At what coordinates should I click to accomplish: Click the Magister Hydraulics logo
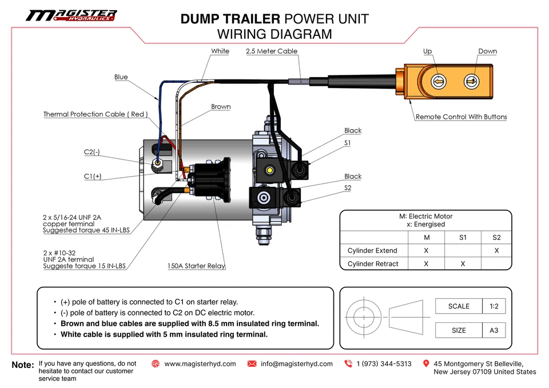pos(71,15)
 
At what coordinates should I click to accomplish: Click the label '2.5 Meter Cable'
pos(271,51)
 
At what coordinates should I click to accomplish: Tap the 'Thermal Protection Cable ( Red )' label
pos(96,114)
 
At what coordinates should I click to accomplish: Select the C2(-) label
pos(93,153)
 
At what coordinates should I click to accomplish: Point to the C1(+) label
pos(93,177)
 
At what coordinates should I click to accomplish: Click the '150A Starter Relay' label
pos(196,266)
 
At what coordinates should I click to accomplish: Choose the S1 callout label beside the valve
pos(348,143)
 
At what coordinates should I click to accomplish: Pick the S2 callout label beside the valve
pos(348,188)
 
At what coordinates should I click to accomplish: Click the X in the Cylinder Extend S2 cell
pos(496,250)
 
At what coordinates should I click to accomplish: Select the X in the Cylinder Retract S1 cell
pos(463,264)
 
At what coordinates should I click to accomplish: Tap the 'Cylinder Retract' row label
pos(373,264)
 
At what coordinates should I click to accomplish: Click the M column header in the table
pos(426,237)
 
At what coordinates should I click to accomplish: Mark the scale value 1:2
pos(494,306)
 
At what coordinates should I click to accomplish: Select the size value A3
pos(494,330)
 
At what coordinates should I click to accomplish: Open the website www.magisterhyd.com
pos(200,364)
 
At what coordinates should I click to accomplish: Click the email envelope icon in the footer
pos(252,364)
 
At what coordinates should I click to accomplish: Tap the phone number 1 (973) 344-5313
pos(383,364)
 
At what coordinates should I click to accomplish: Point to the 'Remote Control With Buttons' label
pos(461,117)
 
